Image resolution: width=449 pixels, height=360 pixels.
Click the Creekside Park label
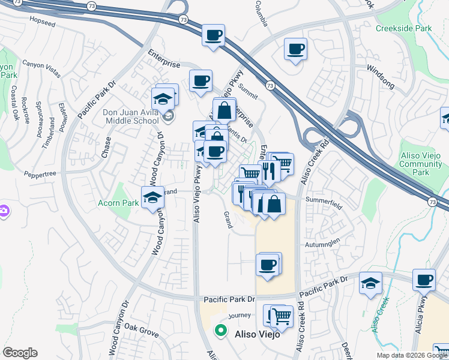tap(403, 28)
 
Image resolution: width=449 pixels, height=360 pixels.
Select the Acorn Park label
tap(119, 203)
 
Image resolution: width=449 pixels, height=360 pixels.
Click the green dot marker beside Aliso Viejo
tap(221, 330)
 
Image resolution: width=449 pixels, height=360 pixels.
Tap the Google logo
tap(20, 353)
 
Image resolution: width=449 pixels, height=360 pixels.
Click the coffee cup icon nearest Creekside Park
tap(295, 49)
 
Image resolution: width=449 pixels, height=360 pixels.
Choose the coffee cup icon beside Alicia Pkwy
tap(424, 280)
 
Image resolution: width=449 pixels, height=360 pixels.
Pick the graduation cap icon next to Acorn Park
tap(153, 196)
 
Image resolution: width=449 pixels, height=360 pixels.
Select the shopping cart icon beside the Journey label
tap(281, 315)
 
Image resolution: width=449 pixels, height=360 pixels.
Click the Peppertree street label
tap(41, 175)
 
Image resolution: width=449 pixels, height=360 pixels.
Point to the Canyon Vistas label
tap(41, 68)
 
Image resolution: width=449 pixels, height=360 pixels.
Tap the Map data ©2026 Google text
tap(412, 355)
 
